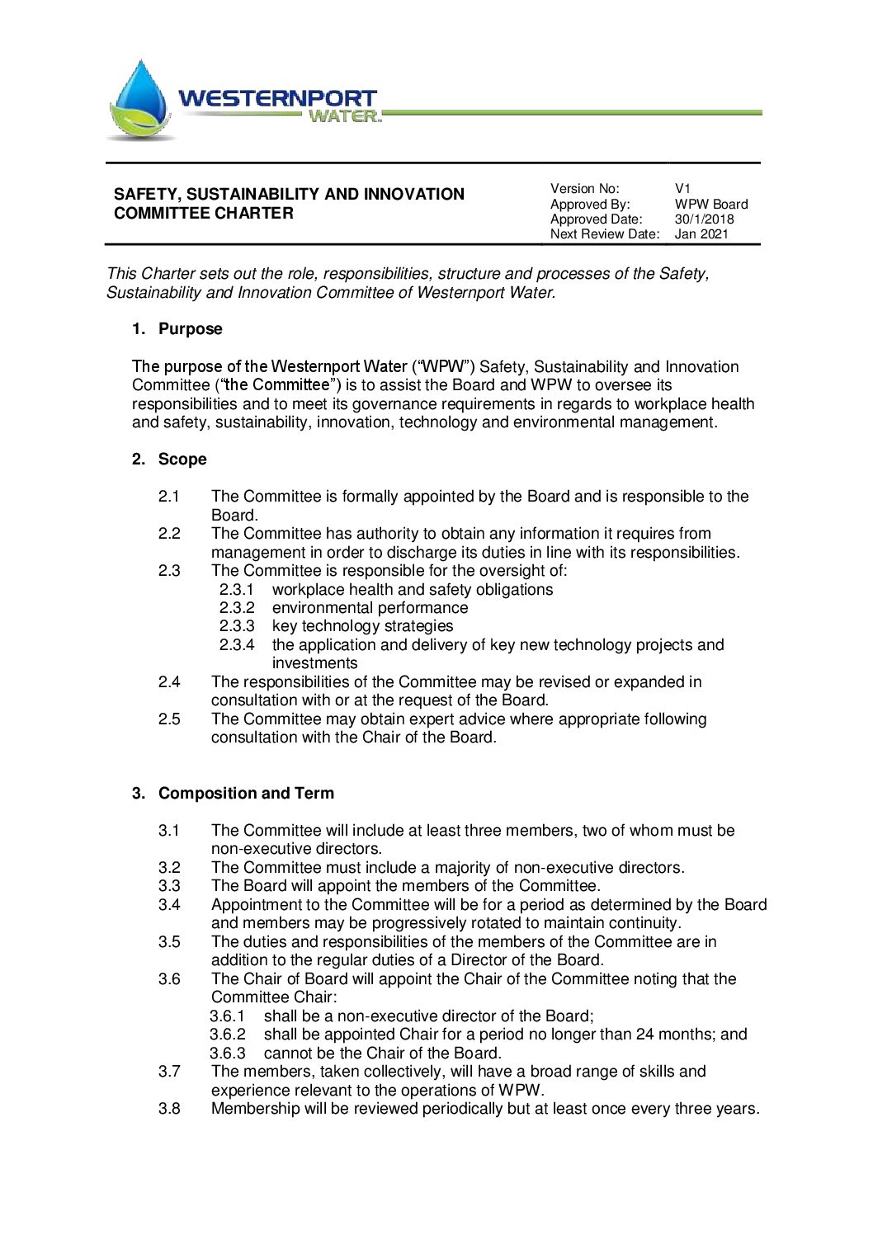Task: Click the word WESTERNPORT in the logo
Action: coord(277,98)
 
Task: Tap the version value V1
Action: coord(682,189)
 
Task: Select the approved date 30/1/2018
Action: coord(704,219)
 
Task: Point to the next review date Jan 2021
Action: coord(701,234)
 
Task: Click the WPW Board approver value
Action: coord(710,205)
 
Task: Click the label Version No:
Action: coord(584,189)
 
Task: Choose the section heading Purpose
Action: coord(190,329)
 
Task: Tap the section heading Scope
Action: coord(182,460)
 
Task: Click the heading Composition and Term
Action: coord(246,794)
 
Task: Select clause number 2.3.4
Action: coord(237,645)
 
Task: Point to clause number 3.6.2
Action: coord(228,1035)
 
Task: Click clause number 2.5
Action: coord(169,719)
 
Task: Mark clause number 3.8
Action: coord(169,1109)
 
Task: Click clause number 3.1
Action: coord(169,831)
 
